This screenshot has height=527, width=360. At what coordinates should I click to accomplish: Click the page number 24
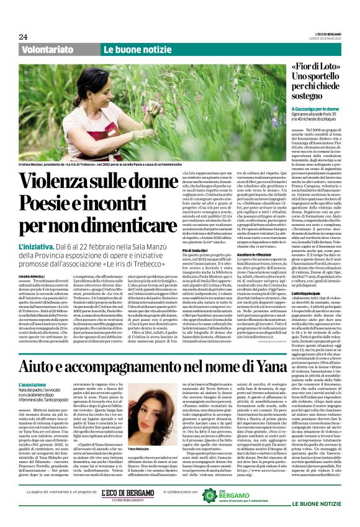coord(24,37)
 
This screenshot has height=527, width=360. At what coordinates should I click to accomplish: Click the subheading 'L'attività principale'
coord(305,292)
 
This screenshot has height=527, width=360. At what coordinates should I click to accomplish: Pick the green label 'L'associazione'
coord(32,385)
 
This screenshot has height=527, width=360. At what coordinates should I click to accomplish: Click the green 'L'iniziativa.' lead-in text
coord(37,246)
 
